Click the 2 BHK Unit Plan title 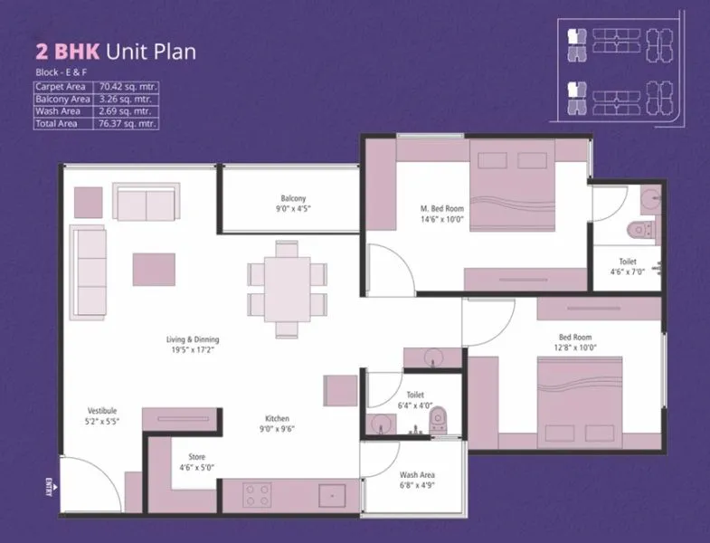pos(115,51)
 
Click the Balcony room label pos(292,198)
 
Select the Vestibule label pos(102,410)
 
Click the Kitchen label pos(277,418)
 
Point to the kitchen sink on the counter pos(333,496)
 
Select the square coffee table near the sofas pos(154,269)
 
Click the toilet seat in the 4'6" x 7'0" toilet pos(640,230)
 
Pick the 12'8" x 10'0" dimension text pos(578,348)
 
